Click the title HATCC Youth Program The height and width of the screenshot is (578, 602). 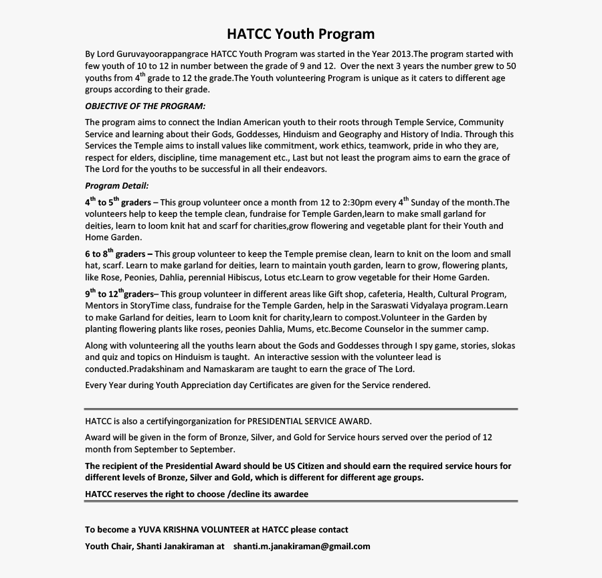[x=300, y=34]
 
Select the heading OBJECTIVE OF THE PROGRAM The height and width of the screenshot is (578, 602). [x=145, y=106]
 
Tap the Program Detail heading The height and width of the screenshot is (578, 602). [x=117, y=185]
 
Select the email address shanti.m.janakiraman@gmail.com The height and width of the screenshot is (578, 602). [x=302, y=546]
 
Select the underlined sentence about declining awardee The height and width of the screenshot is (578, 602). [x=197, y=494]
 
